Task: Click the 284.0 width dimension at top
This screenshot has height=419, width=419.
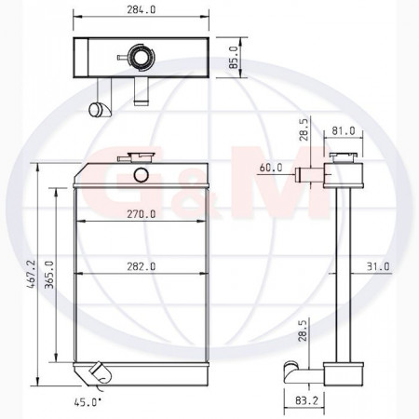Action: coord(141,10)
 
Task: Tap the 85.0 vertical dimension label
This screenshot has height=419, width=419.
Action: coord(234,58)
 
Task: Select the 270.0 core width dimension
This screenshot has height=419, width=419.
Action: coord(142,214)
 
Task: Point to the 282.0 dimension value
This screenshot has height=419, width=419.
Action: coord(142,266)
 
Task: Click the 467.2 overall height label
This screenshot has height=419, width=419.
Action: coord(32,275)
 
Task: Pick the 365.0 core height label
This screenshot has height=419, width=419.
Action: coord(49,275)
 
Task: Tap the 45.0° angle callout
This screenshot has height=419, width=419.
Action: coord(88,402)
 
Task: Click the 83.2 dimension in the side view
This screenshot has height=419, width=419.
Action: coord(306,401)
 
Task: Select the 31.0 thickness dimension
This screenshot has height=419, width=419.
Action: coord(378,266)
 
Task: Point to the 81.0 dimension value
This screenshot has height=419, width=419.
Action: coord(344,131)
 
